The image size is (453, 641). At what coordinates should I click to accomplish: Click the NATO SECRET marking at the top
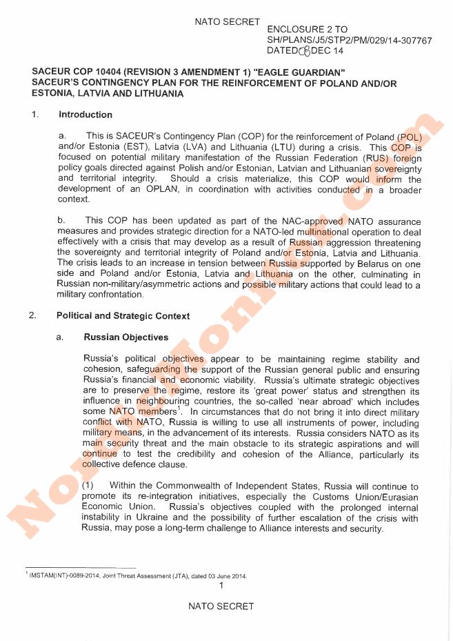point(228,22)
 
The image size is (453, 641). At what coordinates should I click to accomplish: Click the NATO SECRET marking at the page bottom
point(221,607)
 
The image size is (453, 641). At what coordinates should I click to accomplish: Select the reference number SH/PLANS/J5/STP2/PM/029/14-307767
point(349,41)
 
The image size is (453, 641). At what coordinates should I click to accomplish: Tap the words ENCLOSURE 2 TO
point(307,30)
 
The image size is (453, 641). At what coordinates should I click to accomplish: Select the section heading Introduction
point(85,115)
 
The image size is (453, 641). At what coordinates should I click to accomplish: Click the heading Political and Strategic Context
point(123,316)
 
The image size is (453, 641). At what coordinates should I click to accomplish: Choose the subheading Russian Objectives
point(126,337)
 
